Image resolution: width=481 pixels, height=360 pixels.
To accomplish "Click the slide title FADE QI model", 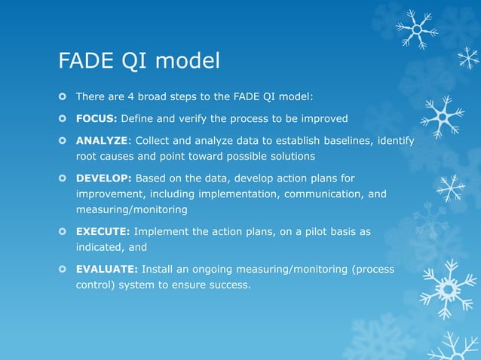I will [x=139, y=60].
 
